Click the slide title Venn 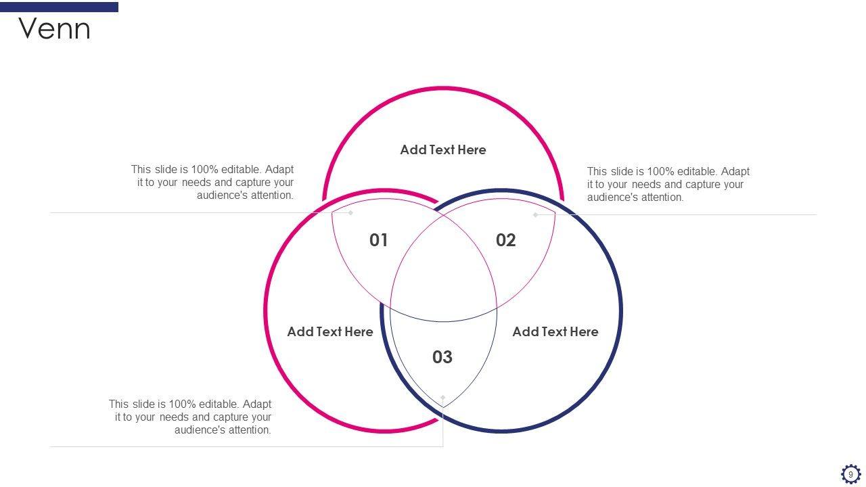tap(54, 29)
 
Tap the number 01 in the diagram tap(379, 240)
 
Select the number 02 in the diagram tap(506, 240)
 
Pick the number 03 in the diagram tap(442, 357)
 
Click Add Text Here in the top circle tap(443, 150)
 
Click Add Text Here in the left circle tap(330, 332)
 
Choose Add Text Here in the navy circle tap(555, 332)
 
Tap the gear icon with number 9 tap(850, 474)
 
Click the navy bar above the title tap(59, 7)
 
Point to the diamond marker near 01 tap(350, 212)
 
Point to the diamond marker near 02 tap(536, 215)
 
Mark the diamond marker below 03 tap(443, 398)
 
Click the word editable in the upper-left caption tap(241, 170)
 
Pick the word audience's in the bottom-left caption tap(198, 430)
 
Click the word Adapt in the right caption tap(735, 172)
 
